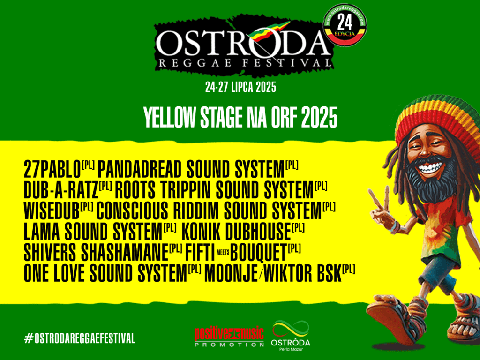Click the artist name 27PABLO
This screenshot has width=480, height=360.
[52, 169]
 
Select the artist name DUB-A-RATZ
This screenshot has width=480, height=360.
[61, 190]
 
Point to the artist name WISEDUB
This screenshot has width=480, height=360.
[52, 210]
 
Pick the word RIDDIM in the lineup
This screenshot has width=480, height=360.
[195, 210]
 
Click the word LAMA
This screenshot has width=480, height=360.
[42, 232]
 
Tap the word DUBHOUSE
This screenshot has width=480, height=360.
[258, 232]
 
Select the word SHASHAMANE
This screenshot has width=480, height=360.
[125, 252]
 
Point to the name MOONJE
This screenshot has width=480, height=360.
[231, 273]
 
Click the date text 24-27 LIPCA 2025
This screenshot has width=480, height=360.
[240, 87]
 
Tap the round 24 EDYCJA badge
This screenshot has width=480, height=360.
[345, 25]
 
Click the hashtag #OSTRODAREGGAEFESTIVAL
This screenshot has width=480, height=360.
[80, 338]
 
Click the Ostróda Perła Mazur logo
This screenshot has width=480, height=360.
[291, 336]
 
